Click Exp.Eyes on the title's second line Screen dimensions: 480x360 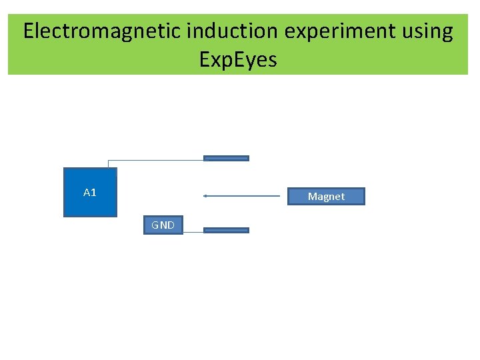tap(238, 60)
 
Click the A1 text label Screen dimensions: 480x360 tap(90, 193)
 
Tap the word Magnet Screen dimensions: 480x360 tap(326, 197)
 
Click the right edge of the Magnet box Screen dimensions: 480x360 tap(364, 196)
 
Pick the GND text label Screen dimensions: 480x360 tap(163, 225)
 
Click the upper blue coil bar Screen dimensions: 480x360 tap(226, 159)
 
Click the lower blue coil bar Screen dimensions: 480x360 tap(226, 230)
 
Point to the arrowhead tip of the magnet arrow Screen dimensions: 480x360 tap(205, 196)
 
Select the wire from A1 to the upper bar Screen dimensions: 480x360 tap(157, 159)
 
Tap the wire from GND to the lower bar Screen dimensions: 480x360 tap(192, 232)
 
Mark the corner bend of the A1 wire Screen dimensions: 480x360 tap(108, 160)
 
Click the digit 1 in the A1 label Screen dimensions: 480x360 tap(93, 193)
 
